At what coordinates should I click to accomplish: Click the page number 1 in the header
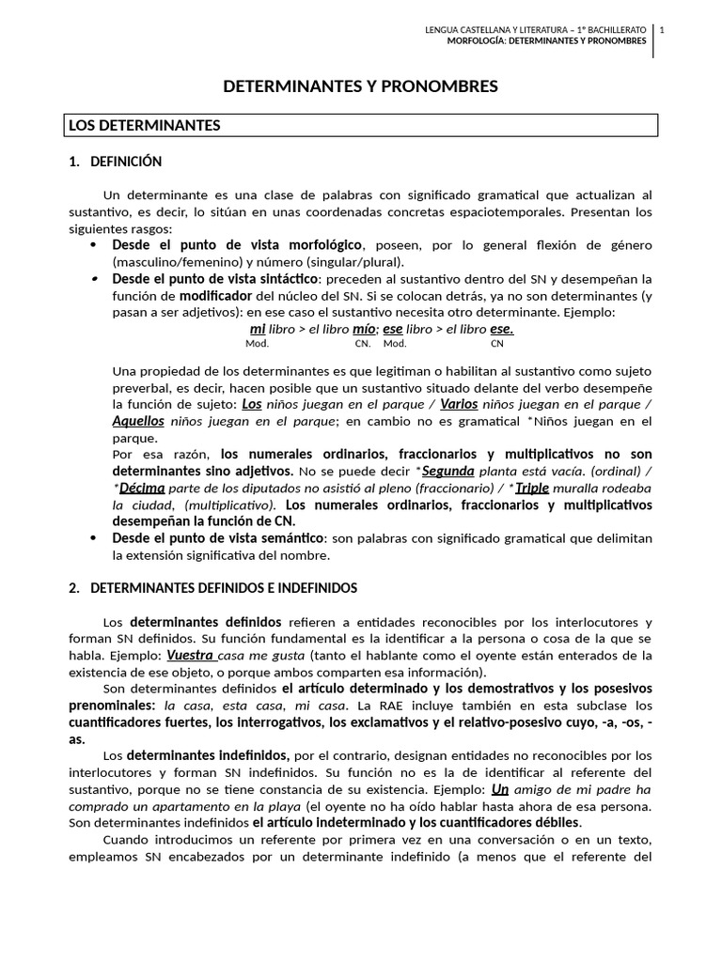point(662,30)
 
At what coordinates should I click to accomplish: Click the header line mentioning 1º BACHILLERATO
point(536,30)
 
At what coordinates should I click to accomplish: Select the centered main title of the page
point(360,87)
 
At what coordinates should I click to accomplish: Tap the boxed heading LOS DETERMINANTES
point(141,125)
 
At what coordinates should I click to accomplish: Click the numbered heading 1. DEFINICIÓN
point(116,162)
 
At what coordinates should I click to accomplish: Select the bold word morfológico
point(315,245)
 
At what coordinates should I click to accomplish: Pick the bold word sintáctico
point(286,279)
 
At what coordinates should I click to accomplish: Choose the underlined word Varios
point(460,404)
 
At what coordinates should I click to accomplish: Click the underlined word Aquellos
point(138,421)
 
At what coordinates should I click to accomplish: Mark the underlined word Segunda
point(447,471)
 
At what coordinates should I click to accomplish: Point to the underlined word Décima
point(142,489)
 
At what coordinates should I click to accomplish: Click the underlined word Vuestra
point(190,656)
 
